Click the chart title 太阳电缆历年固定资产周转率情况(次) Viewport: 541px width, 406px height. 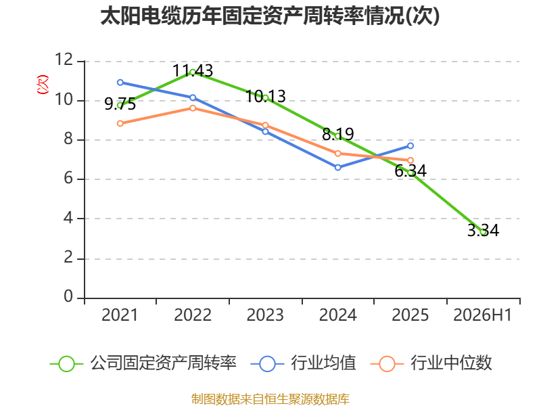270,16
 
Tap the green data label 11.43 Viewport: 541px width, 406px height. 193,71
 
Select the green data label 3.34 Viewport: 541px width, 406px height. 483,230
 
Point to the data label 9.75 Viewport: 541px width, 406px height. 120,104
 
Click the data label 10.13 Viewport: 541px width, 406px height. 265,96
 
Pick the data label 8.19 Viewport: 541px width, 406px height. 337,134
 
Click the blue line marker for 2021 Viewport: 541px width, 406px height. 120,83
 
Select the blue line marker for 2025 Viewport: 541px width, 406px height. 410,146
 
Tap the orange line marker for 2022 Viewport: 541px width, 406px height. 193,108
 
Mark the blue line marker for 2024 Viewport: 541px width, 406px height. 337,167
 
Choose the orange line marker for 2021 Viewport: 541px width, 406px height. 120,124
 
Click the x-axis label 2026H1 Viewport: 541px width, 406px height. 482,315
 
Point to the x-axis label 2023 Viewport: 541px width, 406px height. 265,315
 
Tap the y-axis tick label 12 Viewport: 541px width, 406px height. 64,60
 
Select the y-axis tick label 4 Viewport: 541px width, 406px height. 68,218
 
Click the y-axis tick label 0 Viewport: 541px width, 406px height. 68,296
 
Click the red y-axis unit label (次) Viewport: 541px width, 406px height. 43,85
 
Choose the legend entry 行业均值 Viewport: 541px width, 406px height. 303,363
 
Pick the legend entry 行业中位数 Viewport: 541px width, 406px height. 431,363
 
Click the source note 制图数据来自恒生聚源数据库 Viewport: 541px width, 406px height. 270,399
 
